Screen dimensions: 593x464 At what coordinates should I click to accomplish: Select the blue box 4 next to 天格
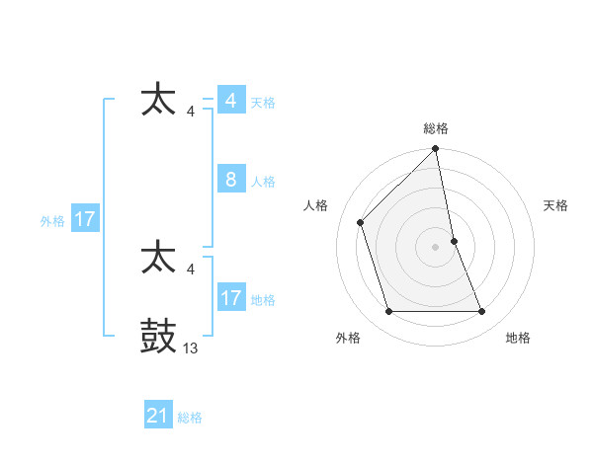[231, 101]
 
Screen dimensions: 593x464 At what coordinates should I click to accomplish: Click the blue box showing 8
[231, 180]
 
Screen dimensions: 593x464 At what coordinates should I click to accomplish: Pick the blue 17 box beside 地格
[231, 297]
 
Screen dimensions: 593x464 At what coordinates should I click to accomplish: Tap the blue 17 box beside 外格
[85, 219]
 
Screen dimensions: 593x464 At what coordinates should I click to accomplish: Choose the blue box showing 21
[158, 416]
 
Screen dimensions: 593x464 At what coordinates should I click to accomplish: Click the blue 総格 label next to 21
[190, 418]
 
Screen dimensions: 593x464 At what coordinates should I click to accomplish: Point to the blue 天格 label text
[263, 103]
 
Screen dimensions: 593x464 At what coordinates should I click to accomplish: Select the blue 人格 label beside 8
[263, 182]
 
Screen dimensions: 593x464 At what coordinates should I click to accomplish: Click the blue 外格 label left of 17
[52, 221]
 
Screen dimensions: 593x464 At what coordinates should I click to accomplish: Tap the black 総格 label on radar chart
[436, 128]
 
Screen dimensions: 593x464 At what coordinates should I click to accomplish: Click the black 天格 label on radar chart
[556, 205]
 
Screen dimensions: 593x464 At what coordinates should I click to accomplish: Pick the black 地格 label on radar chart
[518, 339]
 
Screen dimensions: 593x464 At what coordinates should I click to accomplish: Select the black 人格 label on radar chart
[316, 205]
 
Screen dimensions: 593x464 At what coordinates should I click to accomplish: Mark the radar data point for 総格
[436, 150]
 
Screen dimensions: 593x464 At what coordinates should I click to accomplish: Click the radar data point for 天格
[454, 240]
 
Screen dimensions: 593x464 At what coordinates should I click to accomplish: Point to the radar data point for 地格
[482, 312]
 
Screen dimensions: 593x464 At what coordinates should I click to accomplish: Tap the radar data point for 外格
[388, 312]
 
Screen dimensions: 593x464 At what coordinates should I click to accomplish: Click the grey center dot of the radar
[436, 246]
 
